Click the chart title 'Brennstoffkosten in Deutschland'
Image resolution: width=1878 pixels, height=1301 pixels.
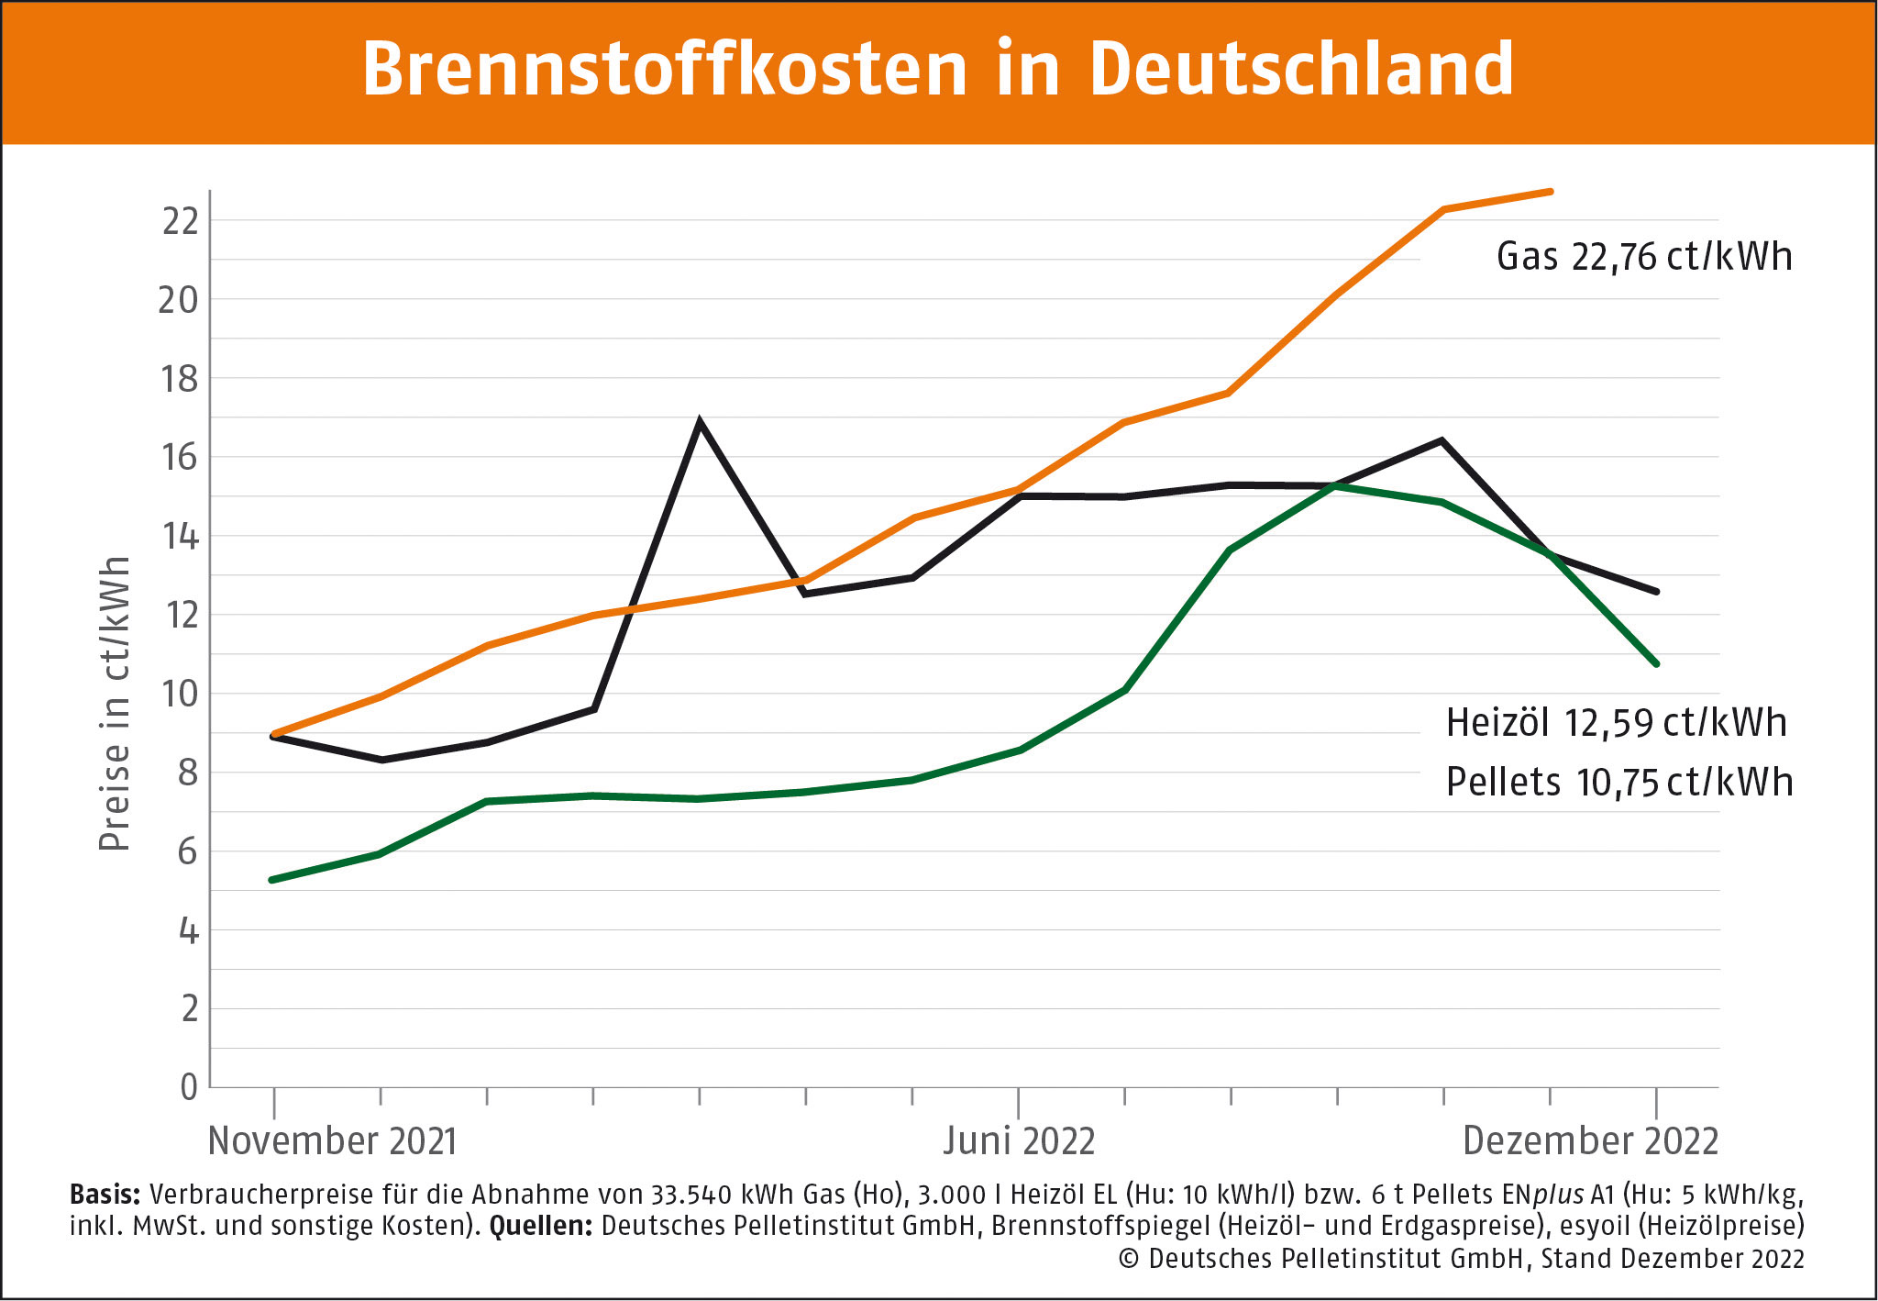click(937, 69)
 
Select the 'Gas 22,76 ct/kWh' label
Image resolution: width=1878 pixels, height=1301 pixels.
click(1643, 257)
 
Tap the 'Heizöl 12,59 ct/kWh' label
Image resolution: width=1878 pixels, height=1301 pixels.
click(1616, 723)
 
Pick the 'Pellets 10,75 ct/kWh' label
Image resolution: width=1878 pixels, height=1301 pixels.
click(1618, 783)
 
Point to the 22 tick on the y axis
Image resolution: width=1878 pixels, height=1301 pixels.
click(180, 221)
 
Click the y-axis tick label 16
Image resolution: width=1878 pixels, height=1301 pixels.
click(180, 457)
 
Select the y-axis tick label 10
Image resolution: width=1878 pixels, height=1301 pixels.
click(180, 694)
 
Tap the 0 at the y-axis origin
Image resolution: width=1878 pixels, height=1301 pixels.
click(189, 1087)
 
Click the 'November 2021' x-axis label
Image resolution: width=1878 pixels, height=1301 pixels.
click(332, 1140)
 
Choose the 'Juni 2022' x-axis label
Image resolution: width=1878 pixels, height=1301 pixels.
click(1019, 1140)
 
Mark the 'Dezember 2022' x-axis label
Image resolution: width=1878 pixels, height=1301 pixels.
click(1590, 1140)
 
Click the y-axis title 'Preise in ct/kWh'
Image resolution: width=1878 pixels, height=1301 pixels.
click(115, 704)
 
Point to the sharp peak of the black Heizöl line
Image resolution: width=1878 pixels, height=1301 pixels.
click(700, 423)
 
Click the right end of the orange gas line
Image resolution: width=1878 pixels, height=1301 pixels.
click(1550, 192)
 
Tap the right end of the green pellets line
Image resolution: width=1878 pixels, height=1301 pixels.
click(1656, 663)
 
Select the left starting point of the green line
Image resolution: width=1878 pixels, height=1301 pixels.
click(272, 880)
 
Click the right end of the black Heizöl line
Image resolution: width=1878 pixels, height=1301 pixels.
click(1656, 592)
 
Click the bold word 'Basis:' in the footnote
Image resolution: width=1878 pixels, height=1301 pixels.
click(105, 1195)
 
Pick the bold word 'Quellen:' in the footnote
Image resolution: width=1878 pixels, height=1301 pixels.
click(541, 1227)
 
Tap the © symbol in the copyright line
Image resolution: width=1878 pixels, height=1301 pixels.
click(1128, 1259)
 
